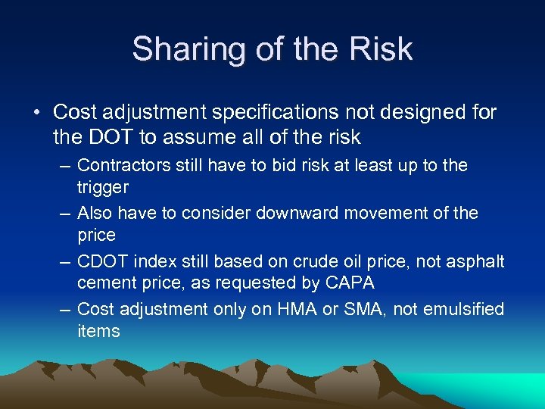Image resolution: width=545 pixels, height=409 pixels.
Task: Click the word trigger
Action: tap(103, 188)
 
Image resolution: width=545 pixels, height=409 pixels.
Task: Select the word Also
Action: tap(95, 213)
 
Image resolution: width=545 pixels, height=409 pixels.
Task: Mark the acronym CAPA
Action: tap(333, 284)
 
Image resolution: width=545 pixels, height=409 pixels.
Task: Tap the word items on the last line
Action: tap(98, 331)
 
